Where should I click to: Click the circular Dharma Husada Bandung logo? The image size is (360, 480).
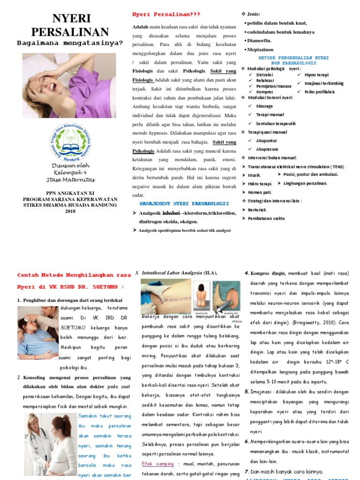[x=70, y=141]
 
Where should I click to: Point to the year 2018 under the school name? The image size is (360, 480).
[x=70, y=211]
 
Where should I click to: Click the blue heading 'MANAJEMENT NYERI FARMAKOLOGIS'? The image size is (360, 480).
[x=184, y=204]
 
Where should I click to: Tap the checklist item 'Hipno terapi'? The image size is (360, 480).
[x=316, y=75]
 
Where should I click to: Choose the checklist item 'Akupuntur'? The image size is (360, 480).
[x=267, y=141]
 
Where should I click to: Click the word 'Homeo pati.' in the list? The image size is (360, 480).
[x=260, y=192]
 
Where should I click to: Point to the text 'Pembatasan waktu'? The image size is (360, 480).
[x=266, y=218]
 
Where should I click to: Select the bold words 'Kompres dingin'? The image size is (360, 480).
[x=268, y=273]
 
